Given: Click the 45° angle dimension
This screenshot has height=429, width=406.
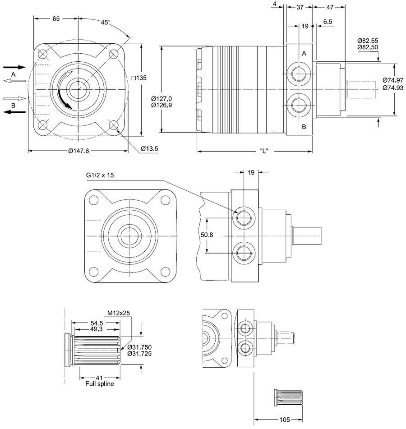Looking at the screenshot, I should pos(105,22).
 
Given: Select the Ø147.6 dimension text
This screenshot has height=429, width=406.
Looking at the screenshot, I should pos(78,151).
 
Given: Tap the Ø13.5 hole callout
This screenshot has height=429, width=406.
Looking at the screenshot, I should pos(149,148).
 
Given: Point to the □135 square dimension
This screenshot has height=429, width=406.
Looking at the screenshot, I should pos(139,78).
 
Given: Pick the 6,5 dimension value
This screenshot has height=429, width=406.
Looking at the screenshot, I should pos(328,22).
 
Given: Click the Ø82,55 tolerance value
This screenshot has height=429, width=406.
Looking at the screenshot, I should pos(368,41).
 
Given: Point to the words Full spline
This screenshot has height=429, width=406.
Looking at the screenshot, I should pos(99,384).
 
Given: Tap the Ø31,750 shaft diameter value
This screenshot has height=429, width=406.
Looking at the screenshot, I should pos(139,347).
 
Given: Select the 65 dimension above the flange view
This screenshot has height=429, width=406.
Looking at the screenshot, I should pos(56,18).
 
